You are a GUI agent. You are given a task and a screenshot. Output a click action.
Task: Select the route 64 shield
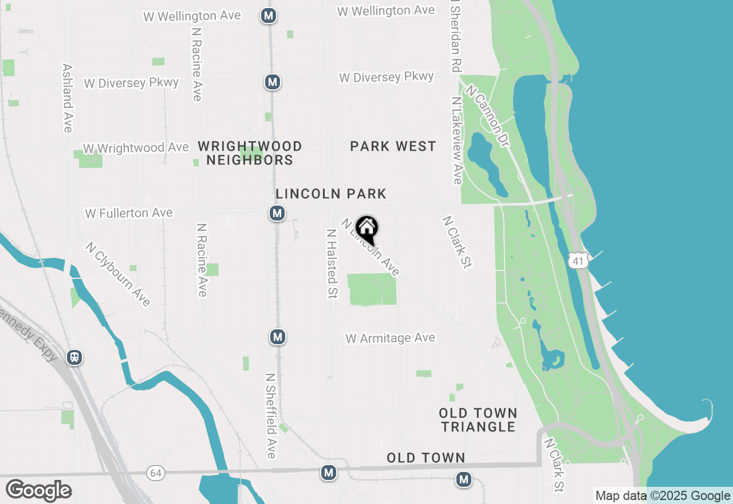155,473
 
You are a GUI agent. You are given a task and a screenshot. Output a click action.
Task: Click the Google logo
38,490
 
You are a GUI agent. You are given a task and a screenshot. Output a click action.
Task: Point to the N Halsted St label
331,263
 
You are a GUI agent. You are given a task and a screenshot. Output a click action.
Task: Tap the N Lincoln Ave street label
371,247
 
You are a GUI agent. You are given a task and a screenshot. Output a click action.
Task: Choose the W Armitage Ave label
390,338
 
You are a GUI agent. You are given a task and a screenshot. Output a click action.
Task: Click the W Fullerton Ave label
129,213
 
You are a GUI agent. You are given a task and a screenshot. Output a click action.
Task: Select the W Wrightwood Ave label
136,148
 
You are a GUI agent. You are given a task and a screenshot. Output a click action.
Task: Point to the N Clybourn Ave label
117,274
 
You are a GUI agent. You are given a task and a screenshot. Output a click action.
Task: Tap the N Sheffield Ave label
271,416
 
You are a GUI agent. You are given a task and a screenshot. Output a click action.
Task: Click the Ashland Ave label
68,97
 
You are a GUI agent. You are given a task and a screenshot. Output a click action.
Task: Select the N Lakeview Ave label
456,140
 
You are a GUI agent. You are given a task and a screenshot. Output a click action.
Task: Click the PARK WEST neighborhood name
393,147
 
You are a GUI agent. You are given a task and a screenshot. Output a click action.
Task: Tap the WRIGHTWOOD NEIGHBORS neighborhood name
250,153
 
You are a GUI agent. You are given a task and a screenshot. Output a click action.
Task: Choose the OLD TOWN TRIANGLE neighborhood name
478,420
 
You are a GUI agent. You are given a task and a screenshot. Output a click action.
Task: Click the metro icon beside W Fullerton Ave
277,214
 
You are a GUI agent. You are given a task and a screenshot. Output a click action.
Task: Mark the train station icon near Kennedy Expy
74,357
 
